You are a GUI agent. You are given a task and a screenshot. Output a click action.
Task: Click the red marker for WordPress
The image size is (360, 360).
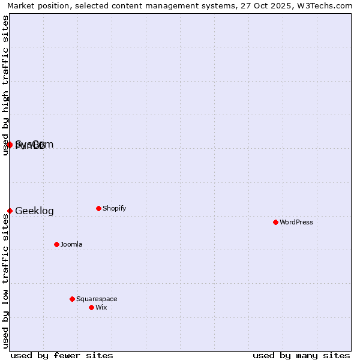click(x=275, y=222)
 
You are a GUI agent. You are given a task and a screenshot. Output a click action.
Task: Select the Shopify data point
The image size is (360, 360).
click(x=98, y=208)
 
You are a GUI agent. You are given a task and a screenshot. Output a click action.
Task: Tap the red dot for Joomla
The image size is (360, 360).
click(x=56, y=244)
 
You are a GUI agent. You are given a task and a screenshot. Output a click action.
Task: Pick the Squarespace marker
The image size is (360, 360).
click(x=72, y=299)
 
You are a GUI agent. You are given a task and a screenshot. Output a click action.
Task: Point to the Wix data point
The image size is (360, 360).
click(x=91, y=307)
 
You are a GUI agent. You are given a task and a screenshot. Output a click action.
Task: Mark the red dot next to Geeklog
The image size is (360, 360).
click(x=10, y=211)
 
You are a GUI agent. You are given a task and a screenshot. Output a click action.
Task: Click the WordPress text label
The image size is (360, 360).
click(x=296, y=222)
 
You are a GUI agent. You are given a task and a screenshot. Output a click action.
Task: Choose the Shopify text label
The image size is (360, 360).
click(x=114, y=208)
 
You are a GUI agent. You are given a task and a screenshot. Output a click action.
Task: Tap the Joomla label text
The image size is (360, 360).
click(x=71, y=244)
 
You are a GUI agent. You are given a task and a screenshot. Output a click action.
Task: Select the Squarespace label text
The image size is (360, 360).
click(x=97, y=299)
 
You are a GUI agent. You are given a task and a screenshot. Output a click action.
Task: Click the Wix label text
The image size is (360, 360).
click(x=101, y=307)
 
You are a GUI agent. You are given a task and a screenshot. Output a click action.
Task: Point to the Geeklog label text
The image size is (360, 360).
click(x=34, y=211)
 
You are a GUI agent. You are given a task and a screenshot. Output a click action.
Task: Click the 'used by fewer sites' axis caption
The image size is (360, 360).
click(x=62, y=355)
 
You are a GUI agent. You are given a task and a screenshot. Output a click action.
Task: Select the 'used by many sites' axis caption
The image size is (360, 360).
click(x=301, y=355)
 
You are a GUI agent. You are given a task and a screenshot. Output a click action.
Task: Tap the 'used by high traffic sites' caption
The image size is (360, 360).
click(x=5, y=85)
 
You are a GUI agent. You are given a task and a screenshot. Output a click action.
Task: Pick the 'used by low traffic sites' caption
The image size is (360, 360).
click(x=5, y=281)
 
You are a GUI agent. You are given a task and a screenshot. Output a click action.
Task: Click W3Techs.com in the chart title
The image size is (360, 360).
click(x=327, y=5)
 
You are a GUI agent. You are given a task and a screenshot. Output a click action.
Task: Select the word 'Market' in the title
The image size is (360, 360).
click(x=20, y=5)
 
